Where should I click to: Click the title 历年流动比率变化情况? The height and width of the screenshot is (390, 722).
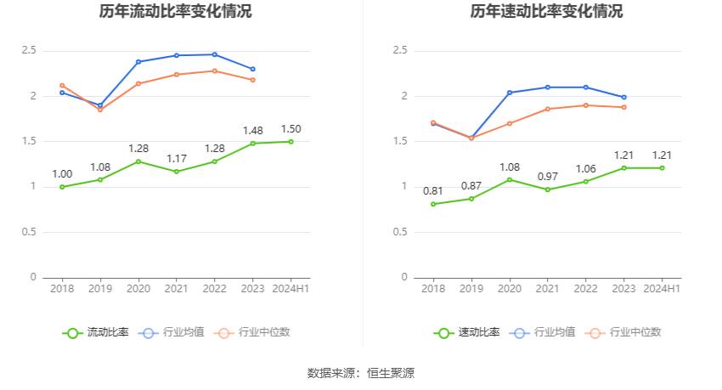(x=175, y=12)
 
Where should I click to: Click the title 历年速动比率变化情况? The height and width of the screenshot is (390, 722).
(x=546, y=12)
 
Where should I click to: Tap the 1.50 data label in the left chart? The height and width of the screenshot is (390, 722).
(x=290, y=129)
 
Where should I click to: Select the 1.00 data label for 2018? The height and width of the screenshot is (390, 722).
(x=62, y=174)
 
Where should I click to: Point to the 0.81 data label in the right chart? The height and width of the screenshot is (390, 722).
(x=433, y=191)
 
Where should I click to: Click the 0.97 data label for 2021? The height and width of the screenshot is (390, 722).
(x=547, y=176)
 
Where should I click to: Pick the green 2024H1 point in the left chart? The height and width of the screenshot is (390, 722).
(x=290, y=141)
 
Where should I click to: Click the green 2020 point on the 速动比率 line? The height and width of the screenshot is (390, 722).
(x=510, y=179)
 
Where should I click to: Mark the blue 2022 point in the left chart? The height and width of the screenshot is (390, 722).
(x=215, y=54)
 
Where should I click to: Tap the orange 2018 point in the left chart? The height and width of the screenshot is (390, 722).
(x=62, y=85)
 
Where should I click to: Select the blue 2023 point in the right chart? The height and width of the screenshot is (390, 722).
(x=624, y=97)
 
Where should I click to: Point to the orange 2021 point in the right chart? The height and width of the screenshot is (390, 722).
(x=548, y=109)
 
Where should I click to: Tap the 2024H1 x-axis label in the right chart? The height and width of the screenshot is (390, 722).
(x=663, y=289)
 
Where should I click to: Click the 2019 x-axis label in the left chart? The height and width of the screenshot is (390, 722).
(x=100, y=289)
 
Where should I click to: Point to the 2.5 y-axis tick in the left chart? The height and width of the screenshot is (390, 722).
(x=29, y=51)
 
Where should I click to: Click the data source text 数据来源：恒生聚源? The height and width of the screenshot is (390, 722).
(x=361, y=372)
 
